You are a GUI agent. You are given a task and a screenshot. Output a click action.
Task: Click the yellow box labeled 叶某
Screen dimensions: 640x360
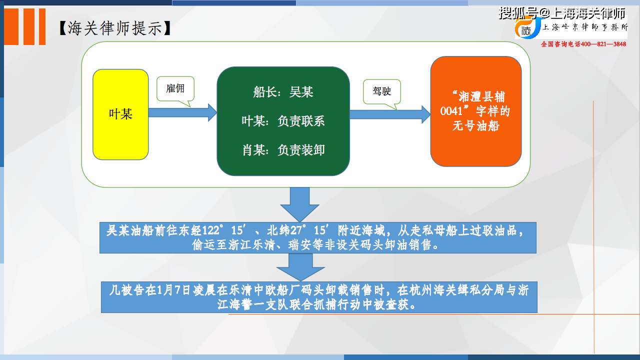(x=120, y=114)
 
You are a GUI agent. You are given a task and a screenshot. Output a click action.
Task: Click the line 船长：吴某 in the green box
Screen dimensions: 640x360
(x=283, y=92)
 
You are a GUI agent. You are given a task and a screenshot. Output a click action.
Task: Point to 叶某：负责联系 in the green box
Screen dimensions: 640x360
(x=283, y=121)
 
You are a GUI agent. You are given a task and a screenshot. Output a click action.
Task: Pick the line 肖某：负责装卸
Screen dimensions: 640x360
(x=283, y=150)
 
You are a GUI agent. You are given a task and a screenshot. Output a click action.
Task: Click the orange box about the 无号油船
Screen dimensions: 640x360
(x=476, y=111)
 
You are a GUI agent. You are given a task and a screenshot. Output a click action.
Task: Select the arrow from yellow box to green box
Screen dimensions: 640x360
(x=183, y=112)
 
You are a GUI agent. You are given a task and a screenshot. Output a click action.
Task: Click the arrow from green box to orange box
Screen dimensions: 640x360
(x=390, y=114)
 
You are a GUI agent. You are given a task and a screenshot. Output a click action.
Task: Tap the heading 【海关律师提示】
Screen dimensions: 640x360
(x=115, y=28)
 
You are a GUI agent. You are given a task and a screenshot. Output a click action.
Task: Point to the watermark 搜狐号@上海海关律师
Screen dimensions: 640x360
(x=562, y=13)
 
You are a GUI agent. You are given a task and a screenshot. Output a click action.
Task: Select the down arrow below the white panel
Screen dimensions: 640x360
(x=299, y=204)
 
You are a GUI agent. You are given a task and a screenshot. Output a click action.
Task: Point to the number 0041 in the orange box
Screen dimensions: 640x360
(x=451, y=111)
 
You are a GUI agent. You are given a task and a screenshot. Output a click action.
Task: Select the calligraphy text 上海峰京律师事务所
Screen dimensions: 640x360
(x=585, y=27)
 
